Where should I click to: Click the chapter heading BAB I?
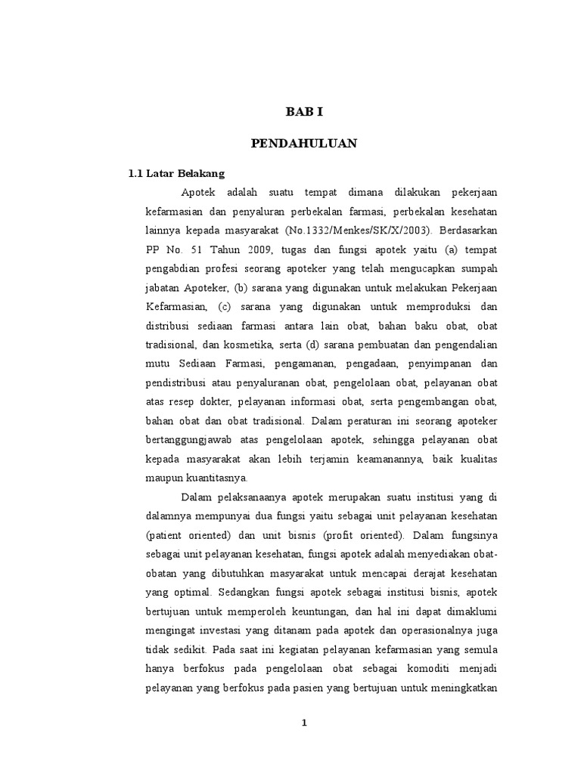click(x=304, y=112)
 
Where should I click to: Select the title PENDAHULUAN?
click(x=304, y=143)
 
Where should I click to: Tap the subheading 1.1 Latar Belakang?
click(x=177, y=173)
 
